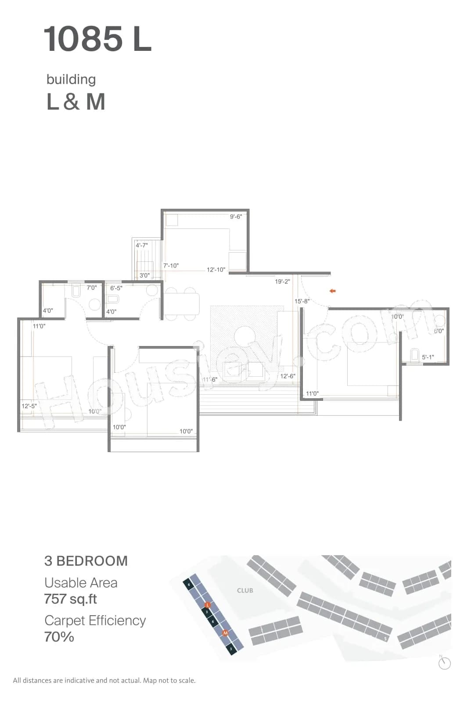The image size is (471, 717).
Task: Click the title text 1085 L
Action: (x=97, y=39)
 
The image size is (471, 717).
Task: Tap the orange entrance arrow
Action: (x=333, y=291)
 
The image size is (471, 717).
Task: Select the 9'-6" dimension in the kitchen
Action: (x=236, y=217)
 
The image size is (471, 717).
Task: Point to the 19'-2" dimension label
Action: (x=282, y=282)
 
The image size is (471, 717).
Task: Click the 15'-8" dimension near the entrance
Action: (x=302, y=301)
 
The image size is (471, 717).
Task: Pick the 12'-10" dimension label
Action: (x=216, y=270)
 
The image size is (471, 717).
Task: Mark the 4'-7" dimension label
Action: (x=142, y=246)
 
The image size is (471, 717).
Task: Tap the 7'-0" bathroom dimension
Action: (x=91, y=288)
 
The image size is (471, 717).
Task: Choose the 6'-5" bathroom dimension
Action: (x=116, y=289)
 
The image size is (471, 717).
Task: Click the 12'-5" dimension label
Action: (x=29, y=406)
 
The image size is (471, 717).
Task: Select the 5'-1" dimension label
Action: (x=428, y=357)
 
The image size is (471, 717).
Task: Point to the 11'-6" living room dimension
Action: (x=210, y=379)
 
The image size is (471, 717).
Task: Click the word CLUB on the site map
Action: (x=245, y=591)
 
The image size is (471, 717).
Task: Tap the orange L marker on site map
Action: (x=208, y=605)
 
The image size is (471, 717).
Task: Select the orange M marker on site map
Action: (x=225, y=633)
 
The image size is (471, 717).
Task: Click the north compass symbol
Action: (x=445, y=663)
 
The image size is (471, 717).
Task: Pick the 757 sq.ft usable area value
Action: (x=70, y=599)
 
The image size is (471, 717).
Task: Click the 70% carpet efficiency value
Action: (x=59, y=637)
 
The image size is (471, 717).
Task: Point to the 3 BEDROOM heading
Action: (x=86, y=561)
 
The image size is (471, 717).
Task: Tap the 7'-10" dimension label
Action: (x=171, y=266)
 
